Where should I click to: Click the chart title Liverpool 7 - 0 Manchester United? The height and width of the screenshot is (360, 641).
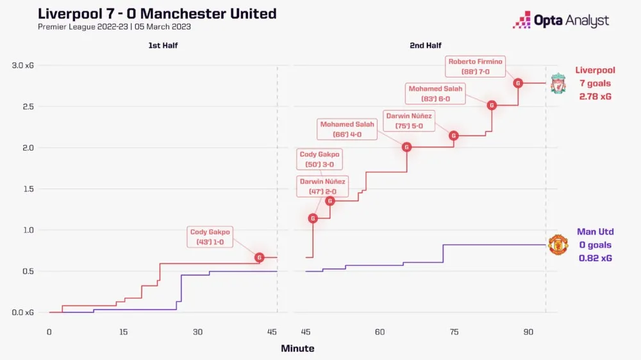157,13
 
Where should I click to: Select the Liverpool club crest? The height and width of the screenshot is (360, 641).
558,83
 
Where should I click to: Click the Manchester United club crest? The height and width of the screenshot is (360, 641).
558,245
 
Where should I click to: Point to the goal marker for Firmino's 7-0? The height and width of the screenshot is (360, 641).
518,83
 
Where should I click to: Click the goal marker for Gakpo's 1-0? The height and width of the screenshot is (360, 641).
260,258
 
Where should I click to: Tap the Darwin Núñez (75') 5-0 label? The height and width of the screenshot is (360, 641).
408,121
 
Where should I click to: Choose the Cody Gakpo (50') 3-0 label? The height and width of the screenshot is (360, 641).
320,159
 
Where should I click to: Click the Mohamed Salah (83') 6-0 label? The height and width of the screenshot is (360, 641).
435,94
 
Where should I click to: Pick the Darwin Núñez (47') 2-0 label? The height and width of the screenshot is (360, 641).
322,186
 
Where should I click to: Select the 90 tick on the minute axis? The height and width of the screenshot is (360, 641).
528,332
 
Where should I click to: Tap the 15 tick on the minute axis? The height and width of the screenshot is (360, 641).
123,332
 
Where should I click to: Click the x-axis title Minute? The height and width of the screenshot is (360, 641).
297,348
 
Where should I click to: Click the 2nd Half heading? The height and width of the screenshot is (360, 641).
426,45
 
